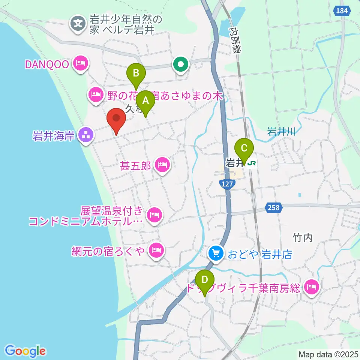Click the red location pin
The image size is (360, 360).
[116, 120]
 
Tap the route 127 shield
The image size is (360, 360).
[227, 184]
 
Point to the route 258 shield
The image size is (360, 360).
[274, 207]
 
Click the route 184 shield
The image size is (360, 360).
[342, 11]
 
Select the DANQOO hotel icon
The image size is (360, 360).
[81, 64]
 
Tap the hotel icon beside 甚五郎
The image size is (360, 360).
[162, 164]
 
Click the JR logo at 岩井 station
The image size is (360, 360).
[252, 163]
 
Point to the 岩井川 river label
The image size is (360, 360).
[282, 132]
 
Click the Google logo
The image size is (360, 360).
[25, 351]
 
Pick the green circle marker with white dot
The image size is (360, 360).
[181, 64]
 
